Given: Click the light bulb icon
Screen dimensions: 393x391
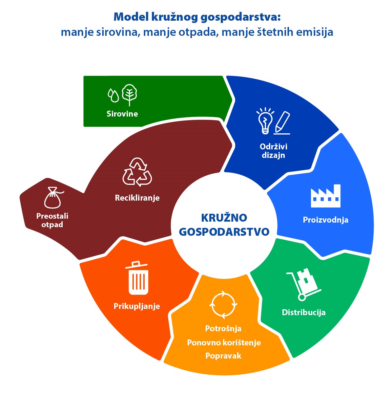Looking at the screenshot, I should tap(265, 120).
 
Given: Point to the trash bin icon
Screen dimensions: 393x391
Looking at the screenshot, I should tap(138, 278).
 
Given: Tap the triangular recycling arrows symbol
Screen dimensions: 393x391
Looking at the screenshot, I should tap(137, 172).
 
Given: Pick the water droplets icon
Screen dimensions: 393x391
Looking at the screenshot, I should tap(113, 95).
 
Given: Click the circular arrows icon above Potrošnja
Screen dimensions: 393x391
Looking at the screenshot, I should tap(223, 304).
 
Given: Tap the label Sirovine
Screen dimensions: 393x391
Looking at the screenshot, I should tap(122, 114).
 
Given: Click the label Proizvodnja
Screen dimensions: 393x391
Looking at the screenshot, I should tap(325, 220).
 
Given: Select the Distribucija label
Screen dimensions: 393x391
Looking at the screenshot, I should tap(304, 312).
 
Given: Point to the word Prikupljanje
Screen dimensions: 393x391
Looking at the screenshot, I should tap(137, 306).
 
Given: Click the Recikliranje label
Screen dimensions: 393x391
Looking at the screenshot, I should tap(137, 198).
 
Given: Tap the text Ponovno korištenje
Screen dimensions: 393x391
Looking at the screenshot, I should tap(224, 343).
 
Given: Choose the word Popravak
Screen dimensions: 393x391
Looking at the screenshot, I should tap(223, 356).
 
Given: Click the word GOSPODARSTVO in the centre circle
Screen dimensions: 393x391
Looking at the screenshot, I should tap(224, 231).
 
